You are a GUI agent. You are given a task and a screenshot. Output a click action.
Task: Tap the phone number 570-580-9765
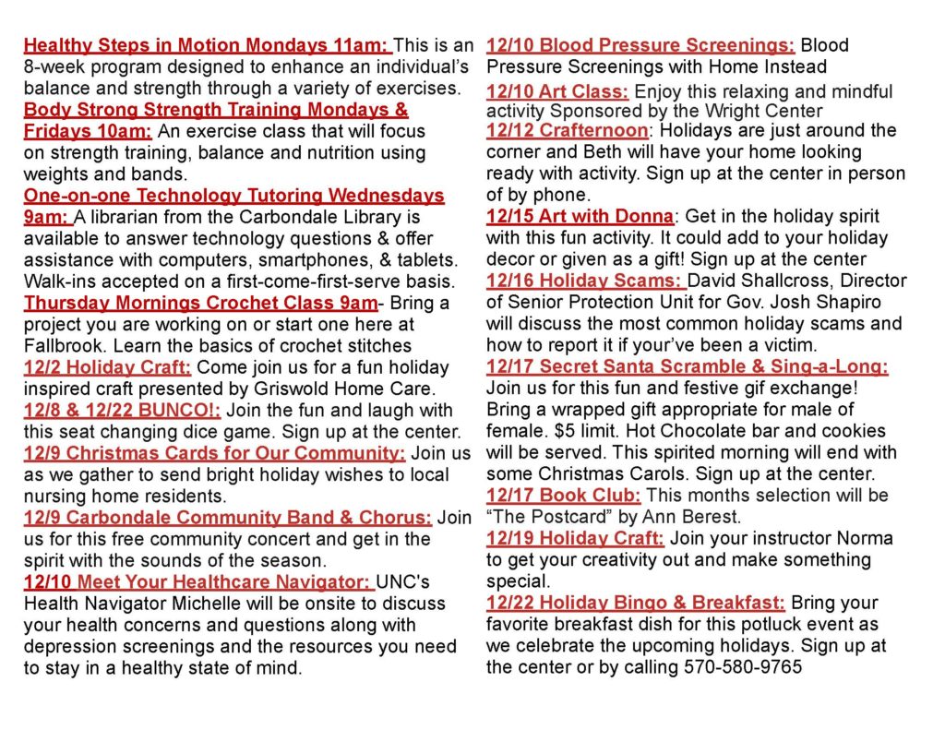743,667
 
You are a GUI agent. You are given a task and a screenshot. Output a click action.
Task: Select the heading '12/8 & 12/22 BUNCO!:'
122,410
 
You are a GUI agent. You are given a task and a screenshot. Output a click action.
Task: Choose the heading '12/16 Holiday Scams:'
585,281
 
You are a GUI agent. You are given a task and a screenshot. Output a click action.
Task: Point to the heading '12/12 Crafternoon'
568,130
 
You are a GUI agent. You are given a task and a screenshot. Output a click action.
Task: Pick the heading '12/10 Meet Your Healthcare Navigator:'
198,582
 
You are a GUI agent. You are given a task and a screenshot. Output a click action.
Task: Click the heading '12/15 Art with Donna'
580,217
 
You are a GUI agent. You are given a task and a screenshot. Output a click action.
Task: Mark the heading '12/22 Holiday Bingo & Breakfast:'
636,603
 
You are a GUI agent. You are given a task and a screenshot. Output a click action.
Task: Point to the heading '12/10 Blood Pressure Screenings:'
640,45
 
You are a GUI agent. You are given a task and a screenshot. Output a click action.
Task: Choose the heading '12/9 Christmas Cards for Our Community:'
214,453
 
